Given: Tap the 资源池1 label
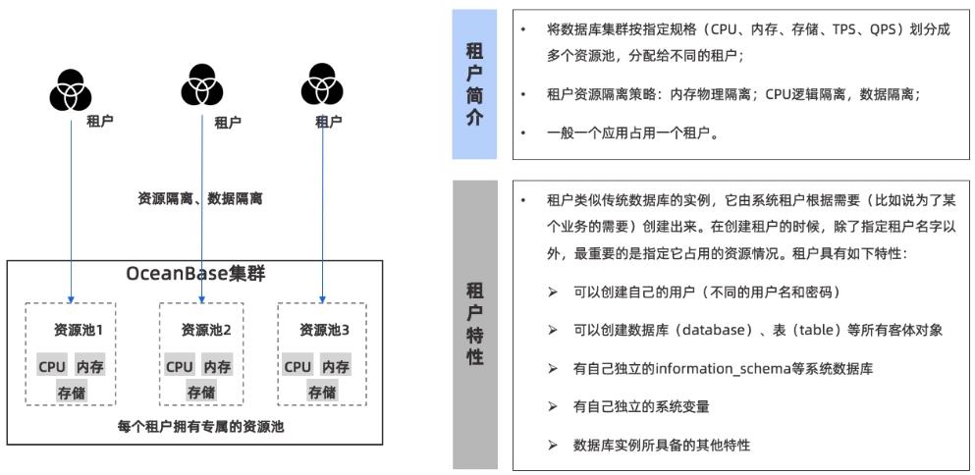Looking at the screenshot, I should [85, 330].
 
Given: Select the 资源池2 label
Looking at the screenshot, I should [206, 330].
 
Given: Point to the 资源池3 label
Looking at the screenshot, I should [325, 330].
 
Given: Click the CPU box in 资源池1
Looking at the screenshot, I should [52, 367].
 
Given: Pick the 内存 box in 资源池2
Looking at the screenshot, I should [218, 367].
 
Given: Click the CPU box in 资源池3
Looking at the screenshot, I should [298, 367].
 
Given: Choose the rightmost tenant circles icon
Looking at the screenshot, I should [322, 85].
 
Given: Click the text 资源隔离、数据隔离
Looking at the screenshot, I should [199, 198].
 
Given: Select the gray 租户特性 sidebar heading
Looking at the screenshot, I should [474, 323].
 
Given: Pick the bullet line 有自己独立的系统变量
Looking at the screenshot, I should [641, 406].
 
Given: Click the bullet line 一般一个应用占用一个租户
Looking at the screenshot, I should [632, 132].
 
